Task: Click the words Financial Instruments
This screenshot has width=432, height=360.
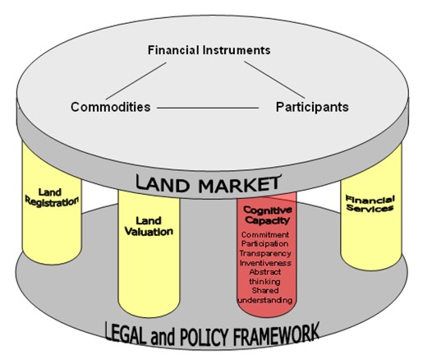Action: [209, 50]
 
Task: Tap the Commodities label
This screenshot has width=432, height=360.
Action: [111, 107]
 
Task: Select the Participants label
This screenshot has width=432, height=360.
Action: [312, 107]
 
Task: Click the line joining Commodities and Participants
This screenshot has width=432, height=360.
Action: [208, 108]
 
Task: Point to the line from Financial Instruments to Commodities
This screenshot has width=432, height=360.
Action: [136, 81]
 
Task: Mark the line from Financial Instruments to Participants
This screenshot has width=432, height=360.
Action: [274, 80]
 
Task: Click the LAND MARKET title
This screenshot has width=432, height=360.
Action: [209, 184]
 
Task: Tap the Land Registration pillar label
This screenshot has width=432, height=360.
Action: [52, 197]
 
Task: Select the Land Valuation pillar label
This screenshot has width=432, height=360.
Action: [149, 226]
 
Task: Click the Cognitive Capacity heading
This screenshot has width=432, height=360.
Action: [267, 215]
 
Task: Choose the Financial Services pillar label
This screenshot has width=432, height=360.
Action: [370, 204]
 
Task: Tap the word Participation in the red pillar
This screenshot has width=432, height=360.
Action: [264, 244]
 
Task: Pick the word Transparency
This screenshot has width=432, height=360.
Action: [265, 253]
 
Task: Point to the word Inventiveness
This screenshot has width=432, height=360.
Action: [265, 263]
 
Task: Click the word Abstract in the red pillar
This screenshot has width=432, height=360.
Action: [265, 272]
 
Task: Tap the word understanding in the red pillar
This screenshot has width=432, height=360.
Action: [265, 300]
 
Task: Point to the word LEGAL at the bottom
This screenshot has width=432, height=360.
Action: [126, 333]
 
